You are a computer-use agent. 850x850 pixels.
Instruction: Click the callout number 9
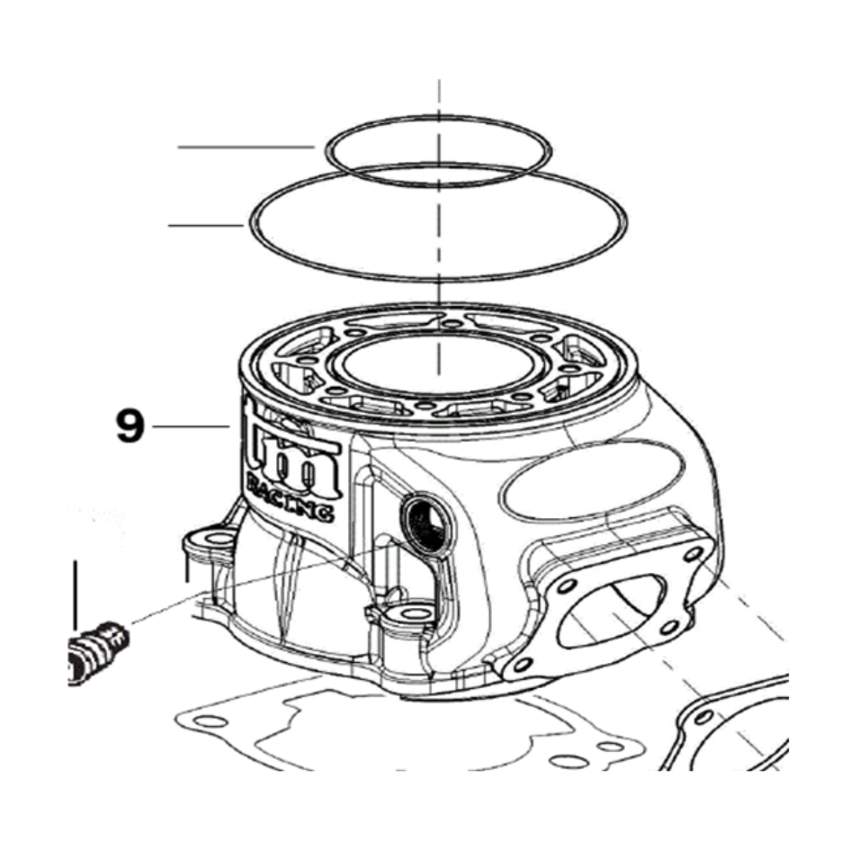click(130, 426)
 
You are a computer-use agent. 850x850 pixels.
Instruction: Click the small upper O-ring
click(438, 117)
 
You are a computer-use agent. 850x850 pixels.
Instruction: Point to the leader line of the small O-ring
click(246, 147)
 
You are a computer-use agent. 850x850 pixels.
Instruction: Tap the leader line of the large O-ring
click(205, 225)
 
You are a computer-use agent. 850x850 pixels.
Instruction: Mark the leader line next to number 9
click(192, 427)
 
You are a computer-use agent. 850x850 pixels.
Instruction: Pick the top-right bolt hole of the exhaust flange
click(693, 554)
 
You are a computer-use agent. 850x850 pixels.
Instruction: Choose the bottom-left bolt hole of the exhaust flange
click(523, 665)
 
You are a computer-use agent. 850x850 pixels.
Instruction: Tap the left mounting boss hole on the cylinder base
click(219, 539)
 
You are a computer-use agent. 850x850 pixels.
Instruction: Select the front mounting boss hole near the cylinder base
click(407, 613)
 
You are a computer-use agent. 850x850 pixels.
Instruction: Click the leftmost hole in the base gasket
click(210, 721)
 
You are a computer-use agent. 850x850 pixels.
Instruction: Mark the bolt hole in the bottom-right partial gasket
click(703, 717)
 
